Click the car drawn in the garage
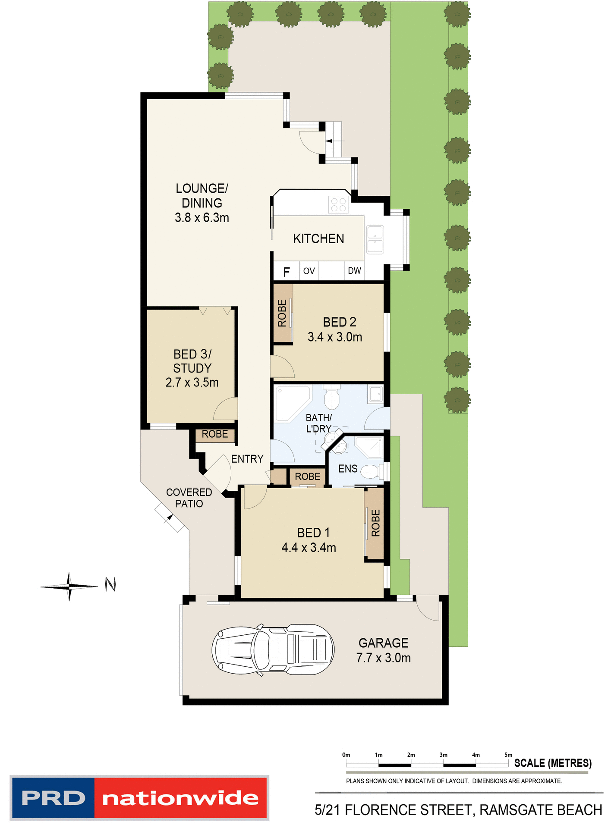point(273,649)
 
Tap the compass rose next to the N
point(69,586)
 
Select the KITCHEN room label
point(318,239)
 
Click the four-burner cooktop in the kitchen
point(338,205)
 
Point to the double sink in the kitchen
point(375,240)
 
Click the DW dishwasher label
point(354,271)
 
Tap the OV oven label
point(309,271)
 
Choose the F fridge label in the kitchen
point(286,272)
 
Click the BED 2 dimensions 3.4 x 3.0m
point(334,337)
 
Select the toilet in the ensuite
point(370,471)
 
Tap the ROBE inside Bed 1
point(375,523)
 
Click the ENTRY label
point(247,459)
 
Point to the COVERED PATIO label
point(189,498)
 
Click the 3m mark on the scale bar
point(444,755)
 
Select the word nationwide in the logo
point(180,798)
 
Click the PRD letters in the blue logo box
point(53,798)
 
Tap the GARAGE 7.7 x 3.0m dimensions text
point(383,658)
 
